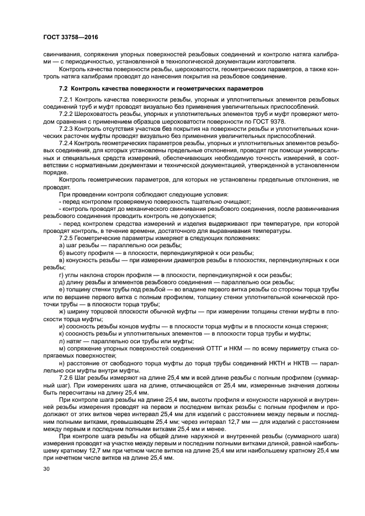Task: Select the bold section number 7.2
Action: (63, 88)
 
